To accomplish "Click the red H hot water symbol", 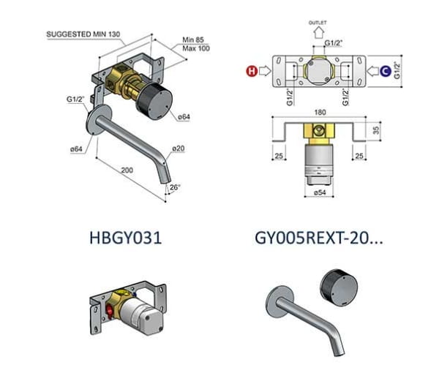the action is point(252,71).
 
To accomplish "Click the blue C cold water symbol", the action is point(386,71).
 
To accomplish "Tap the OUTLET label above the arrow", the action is point(318,23).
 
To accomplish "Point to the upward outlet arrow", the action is point(318,33).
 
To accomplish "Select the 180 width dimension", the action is point(320,113).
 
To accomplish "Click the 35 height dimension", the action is point(376,129).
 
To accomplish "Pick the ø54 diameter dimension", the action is point(320,192).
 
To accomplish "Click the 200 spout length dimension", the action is point(127,170).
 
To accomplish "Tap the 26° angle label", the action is point(175,187).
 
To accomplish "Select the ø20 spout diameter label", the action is point(179,148).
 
